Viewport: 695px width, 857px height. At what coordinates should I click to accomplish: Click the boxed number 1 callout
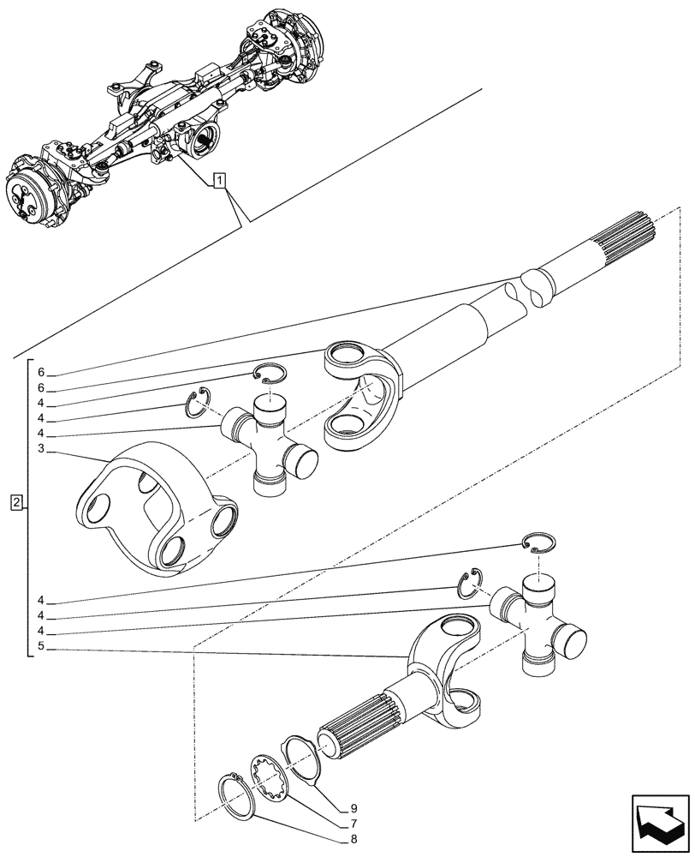(x=220, y=180)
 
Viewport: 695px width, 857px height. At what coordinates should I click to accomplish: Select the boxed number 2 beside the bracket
(x=17, y=501)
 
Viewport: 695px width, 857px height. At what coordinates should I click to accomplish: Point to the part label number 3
(x=40, y=449)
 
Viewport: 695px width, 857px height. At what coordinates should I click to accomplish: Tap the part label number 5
(x=40, y=649)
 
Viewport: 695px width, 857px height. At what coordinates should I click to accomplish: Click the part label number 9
(x=353, y=806)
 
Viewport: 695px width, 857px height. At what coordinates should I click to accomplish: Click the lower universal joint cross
(x=538, y=621)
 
